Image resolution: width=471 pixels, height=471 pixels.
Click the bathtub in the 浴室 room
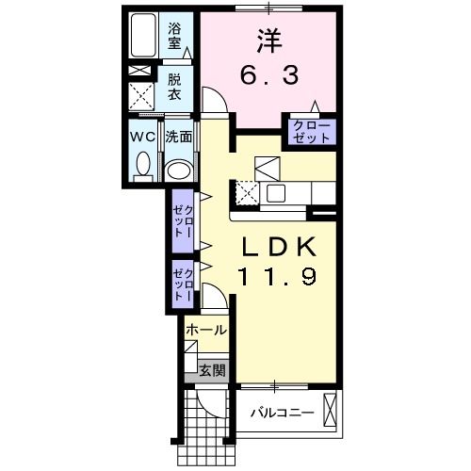click(143, 35)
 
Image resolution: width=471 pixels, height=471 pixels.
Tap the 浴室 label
click(174, 36)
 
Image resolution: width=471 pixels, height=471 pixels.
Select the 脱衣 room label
click(174, 87)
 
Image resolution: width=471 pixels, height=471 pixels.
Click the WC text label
click(143, 137)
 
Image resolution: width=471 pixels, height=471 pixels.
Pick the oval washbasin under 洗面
click(179, 171)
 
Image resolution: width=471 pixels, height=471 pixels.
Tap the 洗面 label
click(179, 137)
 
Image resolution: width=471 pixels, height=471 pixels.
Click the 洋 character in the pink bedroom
click(269, 41)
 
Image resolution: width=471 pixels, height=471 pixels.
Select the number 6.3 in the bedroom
click(269, 76)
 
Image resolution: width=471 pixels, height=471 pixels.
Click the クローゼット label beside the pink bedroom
click(312, 132)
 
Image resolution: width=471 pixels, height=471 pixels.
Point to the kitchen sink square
click(276, 193)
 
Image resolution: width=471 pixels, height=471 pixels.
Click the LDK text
click(278, 247)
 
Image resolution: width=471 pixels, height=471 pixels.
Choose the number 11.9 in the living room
click(278, 276)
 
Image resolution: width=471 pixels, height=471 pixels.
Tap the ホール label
click(206, 330)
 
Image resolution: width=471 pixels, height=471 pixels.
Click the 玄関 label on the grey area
click(213, 370)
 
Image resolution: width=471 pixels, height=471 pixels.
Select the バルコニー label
click(282, 413)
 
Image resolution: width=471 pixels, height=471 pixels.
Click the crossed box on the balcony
click(330, 410)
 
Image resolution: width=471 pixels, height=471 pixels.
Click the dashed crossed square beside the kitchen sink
click(247, 193)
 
